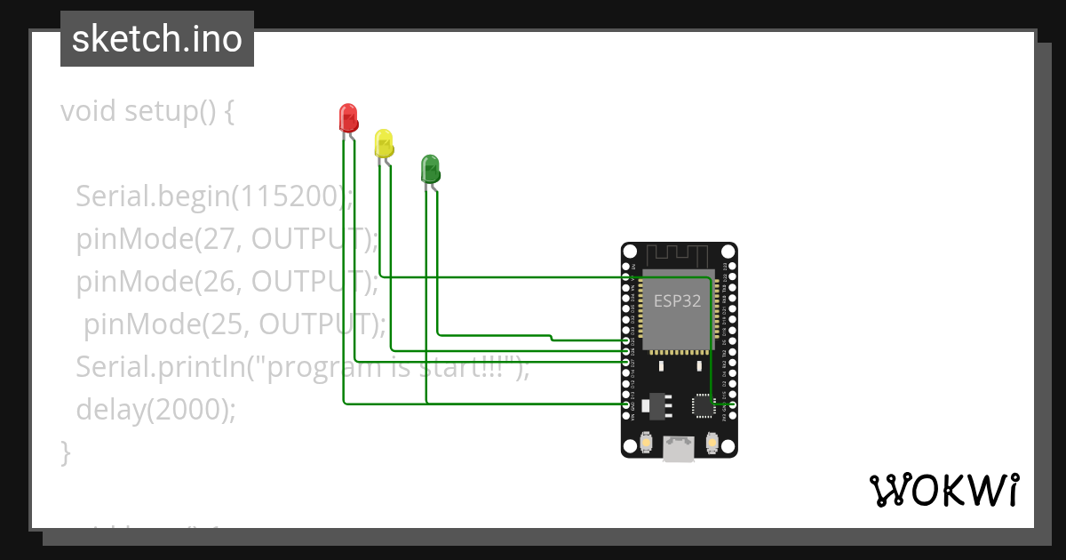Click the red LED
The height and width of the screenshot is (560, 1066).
347,117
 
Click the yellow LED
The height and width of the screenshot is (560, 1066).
383,143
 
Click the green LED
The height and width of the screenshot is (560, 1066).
429,168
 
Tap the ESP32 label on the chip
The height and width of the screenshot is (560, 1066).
677,300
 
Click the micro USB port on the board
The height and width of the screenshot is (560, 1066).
679,450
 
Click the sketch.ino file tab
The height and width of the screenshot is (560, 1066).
157,39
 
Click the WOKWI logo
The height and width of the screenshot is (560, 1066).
943,490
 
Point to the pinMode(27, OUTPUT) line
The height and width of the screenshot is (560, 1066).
227,238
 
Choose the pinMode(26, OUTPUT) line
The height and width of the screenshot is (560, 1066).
227,281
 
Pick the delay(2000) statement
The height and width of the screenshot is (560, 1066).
156,409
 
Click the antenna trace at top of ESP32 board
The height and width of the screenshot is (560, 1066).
678,255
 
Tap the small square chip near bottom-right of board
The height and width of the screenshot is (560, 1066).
704,405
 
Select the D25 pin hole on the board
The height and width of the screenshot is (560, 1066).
627,340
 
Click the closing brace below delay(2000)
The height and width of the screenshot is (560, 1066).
65,452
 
